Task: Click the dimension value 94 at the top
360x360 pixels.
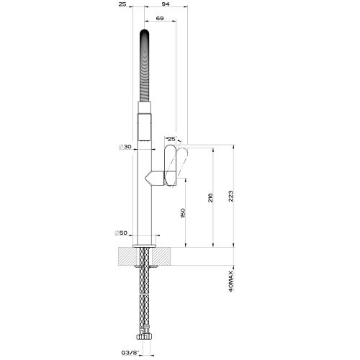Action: (x=166, y=5)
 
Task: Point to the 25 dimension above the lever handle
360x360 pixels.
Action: (x=171, y=138)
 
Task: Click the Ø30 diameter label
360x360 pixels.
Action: (x=125, y=147)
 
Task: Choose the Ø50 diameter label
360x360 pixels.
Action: (x=123, y=233)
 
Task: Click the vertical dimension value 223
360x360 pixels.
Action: (x=230, y=197)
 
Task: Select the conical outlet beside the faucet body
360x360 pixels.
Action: (x=154, y=177)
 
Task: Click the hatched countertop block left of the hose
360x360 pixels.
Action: (x=125, y=256)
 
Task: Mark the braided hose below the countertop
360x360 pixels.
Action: (x=144, y=295)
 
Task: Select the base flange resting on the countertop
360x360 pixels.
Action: (x=144, y=246)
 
